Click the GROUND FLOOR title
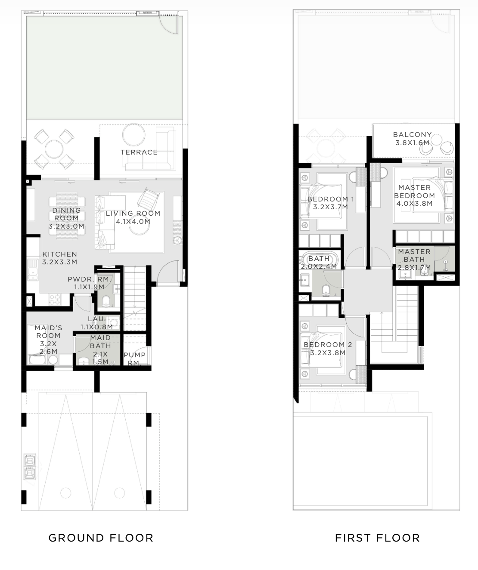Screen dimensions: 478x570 click(x=101, y=538)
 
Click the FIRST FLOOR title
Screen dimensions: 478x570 click(x=377, y=538)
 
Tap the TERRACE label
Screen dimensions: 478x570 click(x=139, y=152)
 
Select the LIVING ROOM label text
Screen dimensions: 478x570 click(x=133, y=213)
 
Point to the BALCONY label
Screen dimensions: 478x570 click(x=413, y=135)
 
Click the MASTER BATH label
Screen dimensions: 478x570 click(x=414, y=256)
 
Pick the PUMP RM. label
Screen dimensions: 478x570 click(x=134, y=359)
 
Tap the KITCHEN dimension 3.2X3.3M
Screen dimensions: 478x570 click(x=59, y=262)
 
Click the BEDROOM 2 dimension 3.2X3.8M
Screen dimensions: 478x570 click(x=328, y=353)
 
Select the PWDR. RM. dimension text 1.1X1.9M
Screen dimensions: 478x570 click(x=89, y=287)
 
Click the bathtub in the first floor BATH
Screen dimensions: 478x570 click(x=319, y=259)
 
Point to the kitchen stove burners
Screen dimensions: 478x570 click(x=55, y=299)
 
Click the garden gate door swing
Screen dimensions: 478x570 click(x=168, y=24)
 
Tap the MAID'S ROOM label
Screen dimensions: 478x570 click(x=48, y=331)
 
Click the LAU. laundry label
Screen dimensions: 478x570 click(x=97, y=319)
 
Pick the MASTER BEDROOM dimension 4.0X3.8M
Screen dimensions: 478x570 click(x=414, y=203)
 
